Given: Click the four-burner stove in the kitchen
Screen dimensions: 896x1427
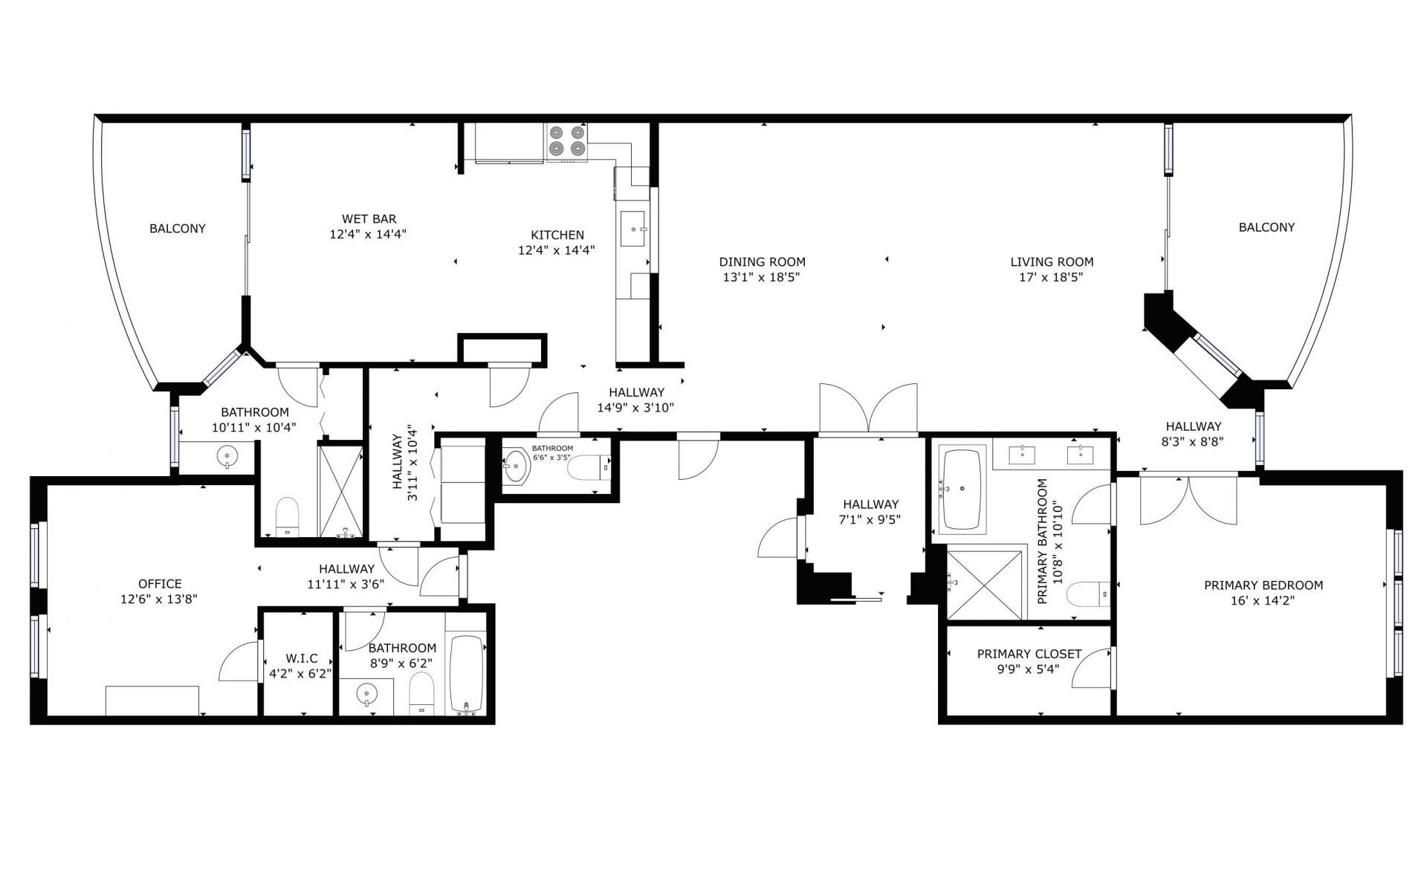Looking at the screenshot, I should pos(566,143).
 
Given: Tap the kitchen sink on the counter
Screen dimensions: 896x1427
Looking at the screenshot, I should pos(634,230).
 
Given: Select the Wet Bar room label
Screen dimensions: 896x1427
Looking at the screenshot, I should pos(369,219).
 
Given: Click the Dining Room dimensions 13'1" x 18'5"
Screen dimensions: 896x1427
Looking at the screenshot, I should pos(762,278).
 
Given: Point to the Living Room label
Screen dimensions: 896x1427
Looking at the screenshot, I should pos(1052,262).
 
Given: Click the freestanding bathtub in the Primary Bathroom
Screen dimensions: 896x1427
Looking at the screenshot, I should pos(962,490).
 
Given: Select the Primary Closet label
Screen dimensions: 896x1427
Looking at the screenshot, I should pos(1029,654).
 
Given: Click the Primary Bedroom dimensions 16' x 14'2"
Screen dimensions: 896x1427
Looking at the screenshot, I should pos(1263,601).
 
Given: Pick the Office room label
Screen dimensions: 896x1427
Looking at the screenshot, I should pos(160,584).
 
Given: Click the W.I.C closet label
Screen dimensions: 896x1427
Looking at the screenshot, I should pos(301,658).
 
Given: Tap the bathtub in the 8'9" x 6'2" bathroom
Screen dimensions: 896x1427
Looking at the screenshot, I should pos(467,674).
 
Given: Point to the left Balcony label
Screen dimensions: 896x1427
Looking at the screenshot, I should pos(178,228).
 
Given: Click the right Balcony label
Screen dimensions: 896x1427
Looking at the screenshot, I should pos(1266,227).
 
